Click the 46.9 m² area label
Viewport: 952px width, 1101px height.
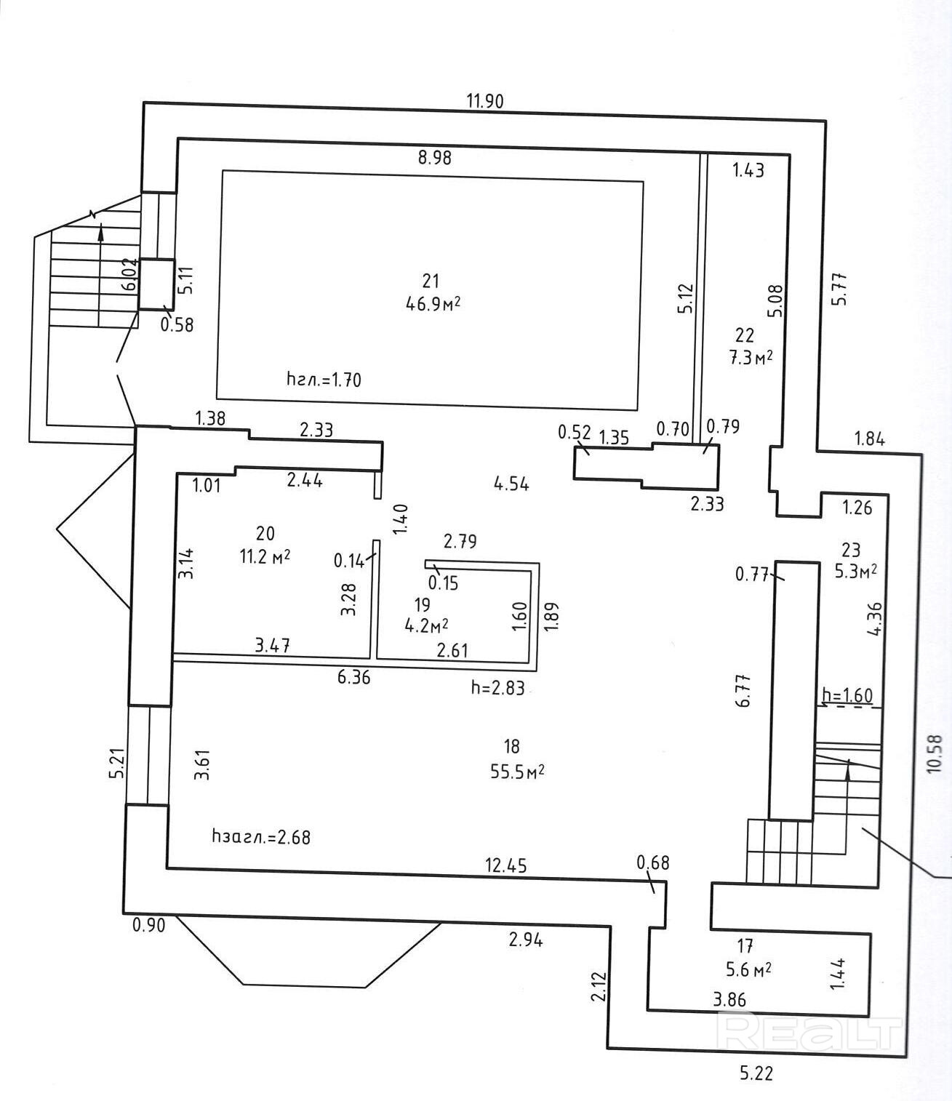(x=433, y=305)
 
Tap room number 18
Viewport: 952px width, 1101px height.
(x=511, y=746)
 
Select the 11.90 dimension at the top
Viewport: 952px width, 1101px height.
(x=485, y=100)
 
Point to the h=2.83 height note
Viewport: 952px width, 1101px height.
(x=497, y=688)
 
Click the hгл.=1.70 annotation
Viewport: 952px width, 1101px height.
(x=324, y=380)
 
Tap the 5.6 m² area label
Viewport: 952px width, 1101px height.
(x=749, y=969)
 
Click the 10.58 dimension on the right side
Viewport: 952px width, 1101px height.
(x=935, y=753)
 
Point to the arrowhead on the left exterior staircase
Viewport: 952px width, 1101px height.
(x=100, y=232)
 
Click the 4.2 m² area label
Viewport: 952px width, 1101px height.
(x=426, y=625)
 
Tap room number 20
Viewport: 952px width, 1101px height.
(x=265, y=533)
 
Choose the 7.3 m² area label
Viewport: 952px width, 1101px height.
(x=751, y=357)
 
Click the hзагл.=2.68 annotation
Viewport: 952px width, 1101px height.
(x=261, y=837)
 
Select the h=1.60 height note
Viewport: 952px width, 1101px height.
(x=847, y=695)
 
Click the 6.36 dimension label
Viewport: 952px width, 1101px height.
(x=353, y=677)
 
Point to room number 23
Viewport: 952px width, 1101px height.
(x=851, y=549)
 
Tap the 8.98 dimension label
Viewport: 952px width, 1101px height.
(x=435, y=158)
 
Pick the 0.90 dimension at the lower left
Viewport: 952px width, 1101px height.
(x=148, y=925)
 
